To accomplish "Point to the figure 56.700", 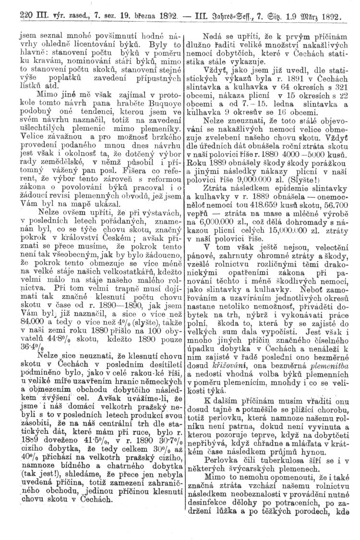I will [339, 215].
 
